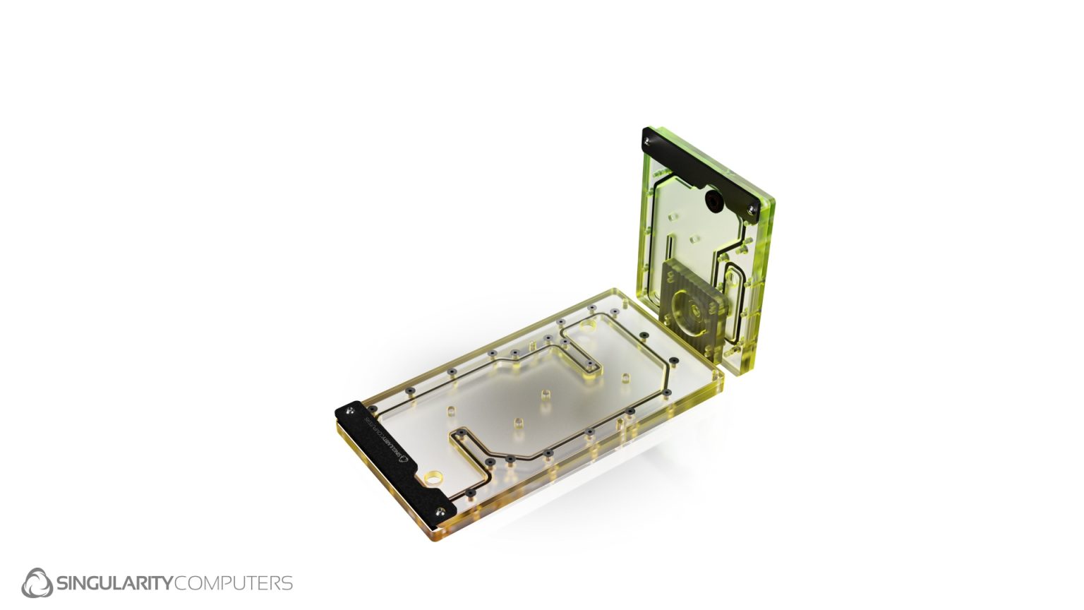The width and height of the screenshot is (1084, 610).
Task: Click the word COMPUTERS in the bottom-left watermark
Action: (x=233, y=583)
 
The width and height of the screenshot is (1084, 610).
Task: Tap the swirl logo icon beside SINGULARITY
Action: (x=37, y=582)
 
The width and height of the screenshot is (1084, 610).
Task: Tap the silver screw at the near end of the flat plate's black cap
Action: (x=442, y=510)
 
